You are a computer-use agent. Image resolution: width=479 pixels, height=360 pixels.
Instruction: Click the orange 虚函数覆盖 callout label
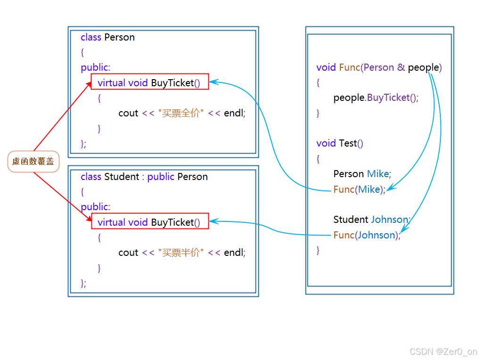coord(33,162)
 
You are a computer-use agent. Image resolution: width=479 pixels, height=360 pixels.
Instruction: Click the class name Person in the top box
coord(119,37)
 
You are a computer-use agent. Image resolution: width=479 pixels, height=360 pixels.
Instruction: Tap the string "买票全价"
coord(181,113)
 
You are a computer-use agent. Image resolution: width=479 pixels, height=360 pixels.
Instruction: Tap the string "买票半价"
coord(181,253)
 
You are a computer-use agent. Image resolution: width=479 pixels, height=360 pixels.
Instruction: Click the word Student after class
coord(122,177)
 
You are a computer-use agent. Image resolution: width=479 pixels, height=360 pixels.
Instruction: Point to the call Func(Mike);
coord(359,189)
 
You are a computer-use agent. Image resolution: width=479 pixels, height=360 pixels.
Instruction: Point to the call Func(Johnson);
coord(367,235)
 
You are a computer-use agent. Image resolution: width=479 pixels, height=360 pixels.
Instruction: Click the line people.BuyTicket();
coord(376,98)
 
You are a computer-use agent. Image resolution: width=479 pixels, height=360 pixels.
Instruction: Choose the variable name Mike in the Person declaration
coord(379,174)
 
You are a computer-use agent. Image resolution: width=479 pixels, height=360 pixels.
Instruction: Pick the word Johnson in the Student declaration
coord(390,220)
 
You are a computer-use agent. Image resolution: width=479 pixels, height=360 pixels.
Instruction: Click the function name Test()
coord(351,143)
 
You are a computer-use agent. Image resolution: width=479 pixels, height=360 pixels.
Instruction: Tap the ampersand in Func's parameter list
coord(401,67)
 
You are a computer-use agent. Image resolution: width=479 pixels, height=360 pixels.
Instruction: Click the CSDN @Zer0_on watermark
coord(443,352)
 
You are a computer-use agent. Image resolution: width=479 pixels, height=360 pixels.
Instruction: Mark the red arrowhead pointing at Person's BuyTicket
coord(89,84)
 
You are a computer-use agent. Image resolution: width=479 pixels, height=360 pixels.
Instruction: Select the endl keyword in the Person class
coord(234,113)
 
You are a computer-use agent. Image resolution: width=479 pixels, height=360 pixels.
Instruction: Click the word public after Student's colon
coord(161,177)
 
